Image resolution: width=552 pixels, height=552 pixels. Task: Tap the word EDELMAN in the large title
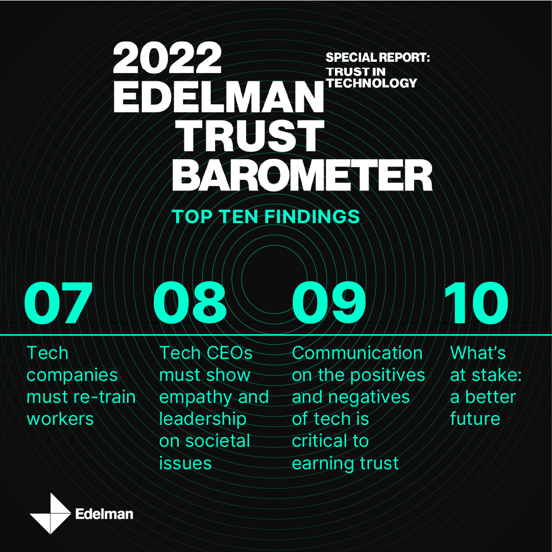point(218,97)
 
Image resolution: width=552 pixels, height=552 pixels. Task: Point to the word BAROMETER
point(302,175)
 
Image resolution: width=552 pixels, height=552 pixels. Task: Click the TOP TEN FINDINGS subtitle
point(266,216)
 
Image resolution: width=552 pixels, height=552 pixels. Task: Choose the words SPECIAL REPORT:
point(378,57)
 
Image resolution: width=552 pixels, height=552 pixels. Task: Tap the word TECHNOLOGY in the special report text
point(371,83)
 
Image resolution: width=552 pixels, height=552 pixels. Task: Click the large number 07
point(58,303)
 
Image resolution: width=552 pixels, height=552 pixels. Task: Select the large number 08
point(189,303)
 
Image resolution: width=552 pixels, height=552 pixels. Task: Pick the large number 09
point(329,303)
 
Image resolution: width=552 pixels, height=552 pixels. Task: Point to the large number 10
point(475,303)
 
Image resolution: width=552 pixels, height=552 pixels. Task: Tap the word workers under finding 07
point(60,419)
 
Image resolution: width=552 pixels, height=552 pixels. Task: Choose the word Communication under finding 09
point(357,353)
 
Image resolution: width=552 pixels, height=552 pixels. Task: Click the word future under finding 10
point(475,419)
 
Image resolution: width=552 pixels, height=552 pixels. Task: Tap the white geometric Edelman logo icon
point(51,513)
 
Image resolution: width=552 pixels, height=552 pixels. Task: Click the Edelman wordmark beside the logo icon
point(104,514)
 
